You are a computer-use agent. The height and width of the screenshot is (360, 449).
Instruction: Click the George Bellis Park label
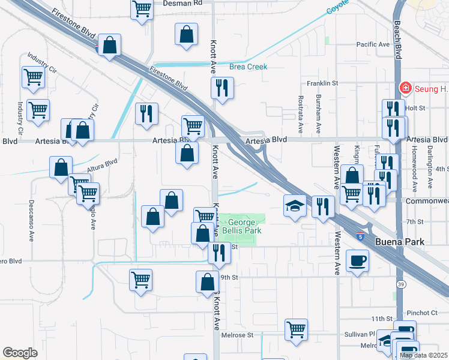pos(243,226)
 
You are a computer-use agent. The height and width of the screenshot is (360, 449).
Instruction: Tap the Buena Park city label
pos(400,242)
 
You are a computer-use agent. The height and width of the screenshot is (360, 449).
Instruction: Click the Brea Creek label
pos(248,67)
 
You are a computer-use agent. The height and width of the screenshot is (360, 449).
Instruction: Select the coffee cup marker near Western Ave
pos(358,260)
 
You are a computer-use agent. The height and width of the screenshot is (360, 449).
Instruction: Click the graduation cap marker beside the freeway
pos(294,206)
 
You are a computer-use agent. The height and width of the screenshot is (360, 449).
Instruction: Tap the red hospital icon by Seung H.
pos(405,89)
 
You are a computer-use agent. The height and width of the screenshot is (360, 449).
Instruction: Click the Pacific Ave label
pos(373,44)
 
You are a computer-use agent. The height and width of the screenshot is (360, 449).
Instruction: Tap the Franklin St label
pos(323,83)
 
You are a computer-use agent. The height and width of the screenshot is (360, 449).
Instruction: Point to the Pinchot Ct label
pos(422,313)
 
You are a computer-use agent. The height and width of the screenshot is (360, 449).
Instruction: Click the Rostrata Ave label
pos(300,113)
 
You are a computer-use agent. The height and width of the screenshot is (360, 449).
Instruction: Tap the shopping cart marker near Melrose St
pos(297,329)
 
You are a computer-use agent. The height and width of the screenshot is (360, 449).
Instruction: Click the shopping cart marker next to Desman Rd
pos(142,9)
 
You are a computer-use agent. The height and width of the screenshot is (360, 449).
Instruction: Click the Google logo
pos(20,353)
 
